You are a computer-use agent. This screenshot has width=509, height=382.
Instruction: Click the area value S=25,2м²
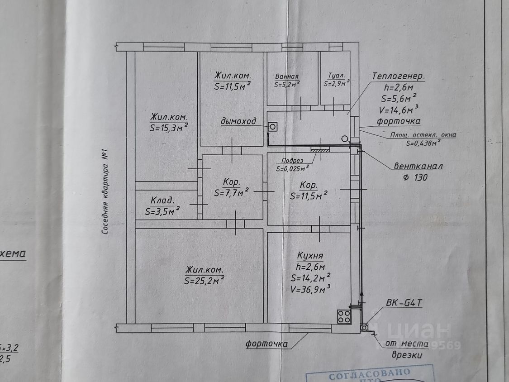click(204, 281)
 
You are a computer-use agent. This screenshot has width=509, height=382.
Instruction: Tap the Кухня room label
click(310, 255)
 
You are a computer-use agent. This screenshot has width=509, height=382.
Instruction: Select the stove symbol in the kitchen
click(344, 316)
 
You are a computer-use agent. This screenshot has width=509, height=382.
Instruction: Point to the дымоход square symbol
click(273, 127)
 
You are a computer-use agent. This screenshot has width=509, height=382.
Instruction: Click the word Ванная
click(286, 76)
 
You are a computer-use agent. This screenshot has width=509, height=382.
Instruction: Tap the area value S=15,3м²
click(168, 128)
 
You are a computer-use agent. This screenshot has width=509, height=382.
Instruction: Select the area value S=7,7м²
click(232, 193)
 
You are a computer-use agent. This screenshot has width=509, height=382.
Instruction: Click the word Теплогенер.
click(399, 76)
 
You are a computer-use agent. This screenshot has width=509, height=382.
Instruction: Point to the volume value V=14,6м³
click(399, 109)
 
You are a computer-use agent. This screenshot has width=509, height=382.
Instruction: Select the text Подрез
click(292, 161)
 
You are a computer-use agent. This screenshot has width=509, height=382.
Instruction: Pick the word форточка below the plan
click(267, 344)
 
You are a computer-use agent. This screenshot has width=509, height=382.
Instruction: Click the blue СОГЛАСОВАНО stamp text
click(369, 374)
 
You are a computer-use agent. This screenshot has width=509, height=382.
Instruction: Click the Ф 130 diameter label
click(414, 177)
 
